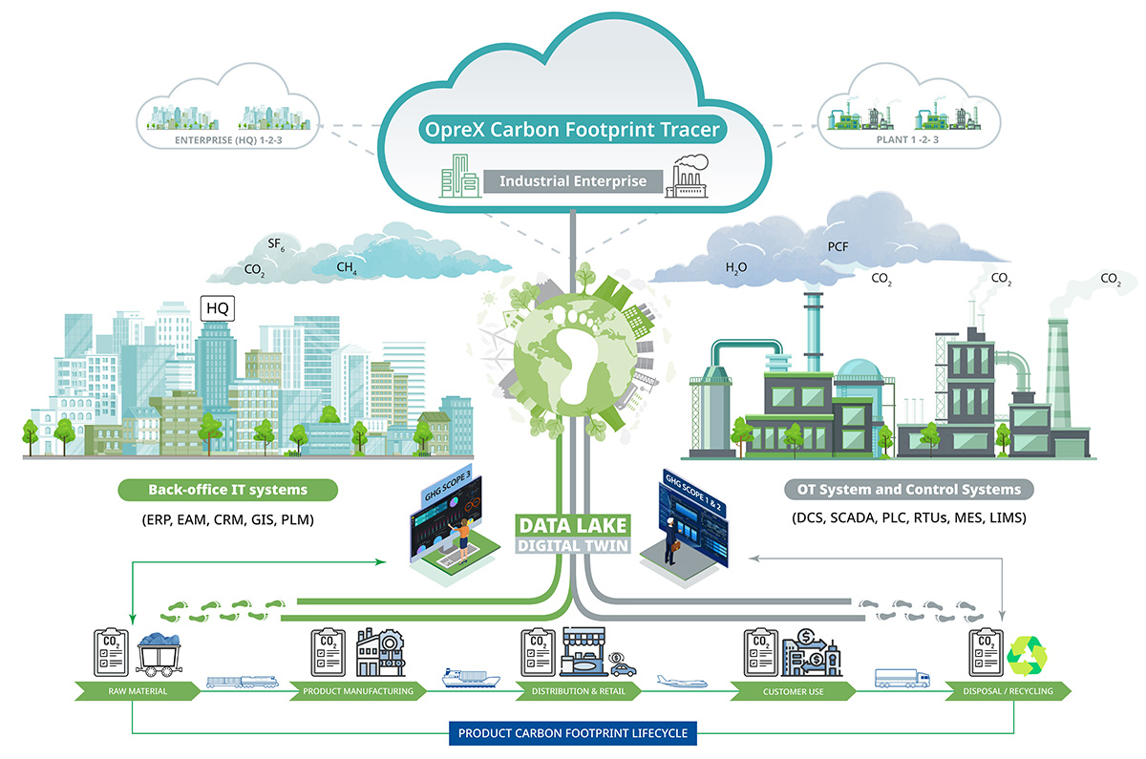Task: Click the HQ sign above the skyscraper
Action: [218, 308]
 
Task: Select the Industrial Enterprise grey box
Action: [572, 180]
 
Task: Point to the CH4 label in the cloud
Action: [347, 270]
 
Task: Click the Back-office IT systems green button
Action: [227, 490]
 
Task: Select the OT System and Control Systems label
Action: [909, 490]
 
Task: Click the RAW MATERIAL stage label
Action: [132, 690]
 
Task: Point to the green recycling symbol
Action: [1028, 652]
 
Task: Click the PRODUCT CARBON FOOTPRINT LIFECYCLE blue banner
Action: [573, 733]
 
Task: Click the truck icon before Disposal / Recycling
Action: [902, 679]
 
